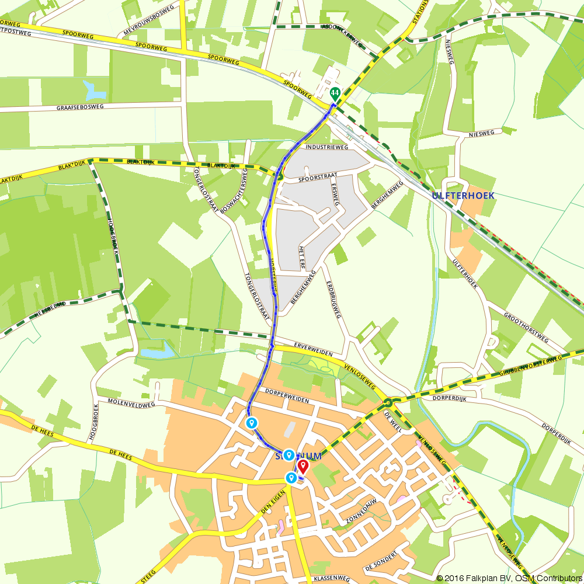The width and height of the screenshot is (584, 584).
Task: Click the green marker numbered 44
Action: [335, 93]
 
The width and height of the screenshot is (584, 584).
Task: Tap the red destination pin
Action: [303, 466]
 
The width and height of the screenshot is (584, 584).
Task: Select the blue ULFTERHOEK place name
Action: [463, 196]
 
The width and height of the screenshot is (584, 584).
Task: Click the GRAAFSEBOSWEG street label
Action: [80, 107]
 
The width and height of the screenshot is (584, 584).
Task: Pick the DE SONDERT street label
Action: [381, 560]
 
